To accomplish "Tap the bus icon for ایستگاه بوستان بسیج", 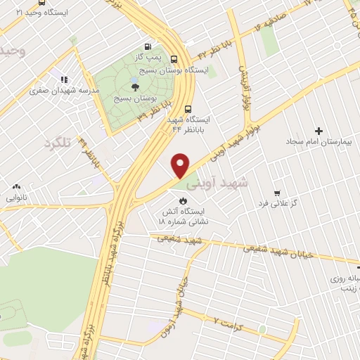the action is [174, 60].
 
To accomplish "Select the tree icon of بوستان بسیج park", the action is [134, 86].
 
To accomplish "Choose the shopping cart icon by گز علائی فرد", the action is [278, 193].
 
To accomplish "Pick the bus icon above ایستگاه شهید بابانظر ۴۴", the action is [188, 109].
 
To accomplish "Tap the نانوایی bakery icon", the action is [16, 187].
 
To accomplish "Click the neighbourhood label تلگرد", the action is [59, 143].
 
